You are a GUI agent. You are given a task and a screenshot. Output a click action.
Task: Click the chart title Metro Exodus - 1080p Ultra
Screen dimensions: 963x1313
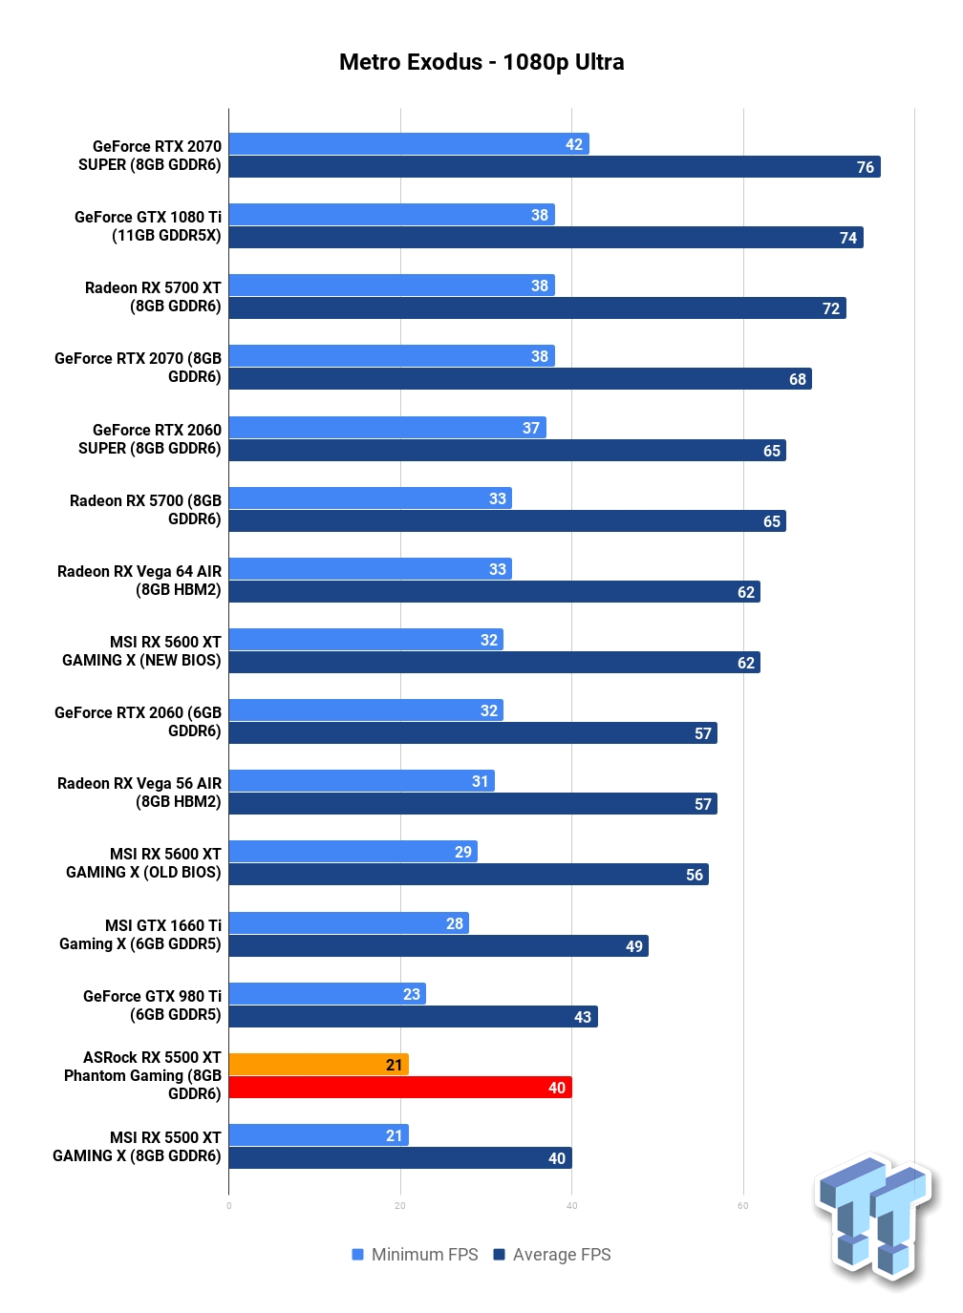pos(481,62)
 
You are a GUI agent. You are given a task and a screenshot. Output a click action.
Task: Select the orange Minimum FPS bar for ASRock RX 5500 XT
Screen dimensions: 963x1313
pos(318,1064)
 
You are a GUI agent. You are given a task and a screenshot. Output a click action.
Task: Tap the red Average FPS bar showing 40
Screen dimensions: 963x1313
pos(400,1088)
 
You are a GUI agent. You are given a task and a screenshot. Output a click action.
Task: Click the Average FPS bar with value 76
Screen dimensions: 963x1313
pos(554,166)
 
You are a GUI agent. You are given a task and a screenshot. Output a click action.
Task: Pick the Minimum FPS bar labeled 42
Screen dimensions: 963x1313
pos(409,143)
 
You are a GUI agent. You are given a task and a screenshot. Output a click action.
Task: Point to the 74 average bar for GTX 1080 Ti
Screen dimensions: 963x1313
pos(546,238)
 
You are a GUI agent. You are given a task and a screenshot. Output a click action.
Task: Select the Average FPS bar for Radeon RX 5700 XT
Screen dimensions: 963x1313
pos(537,307)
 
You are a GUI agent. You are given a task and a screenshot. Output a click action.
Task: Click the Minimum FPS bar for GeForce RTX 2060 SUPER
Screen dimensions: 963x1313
pos(387,427)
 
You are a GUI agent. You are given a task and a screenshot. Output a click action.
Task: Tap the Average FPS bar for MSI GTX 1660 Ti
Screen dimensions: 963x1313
pos(439,945)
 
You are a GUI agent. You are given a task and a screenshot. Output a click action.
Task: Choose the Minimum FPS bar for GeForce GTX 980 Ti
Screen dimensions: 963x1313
pos(328,993)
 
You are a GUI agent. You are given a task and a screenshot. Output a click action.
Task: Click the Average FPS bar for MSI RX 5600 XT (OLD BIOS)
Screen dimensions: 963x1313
pos(468,874)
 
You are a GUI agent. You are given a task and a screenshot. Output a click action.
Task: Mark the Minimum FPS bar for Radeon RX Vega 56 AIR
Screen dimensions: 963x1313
pos(361,780)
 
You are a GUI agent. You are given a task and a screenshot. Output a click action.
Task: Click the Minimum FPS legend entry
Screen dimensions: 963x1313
pos(415,1254)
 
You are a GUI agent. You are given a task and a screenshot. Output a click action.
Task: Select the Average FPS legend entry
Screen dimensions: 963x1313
pos(552,1254)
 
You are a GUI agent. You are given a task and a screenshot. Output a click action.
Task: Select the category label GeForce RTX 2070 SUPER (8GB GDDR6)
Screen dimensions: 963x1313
pos(150,156)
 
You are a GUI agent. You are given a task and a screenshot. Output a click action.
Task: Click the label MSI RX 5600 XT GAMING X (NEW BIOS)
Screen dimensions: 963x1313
pos(142,650)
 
